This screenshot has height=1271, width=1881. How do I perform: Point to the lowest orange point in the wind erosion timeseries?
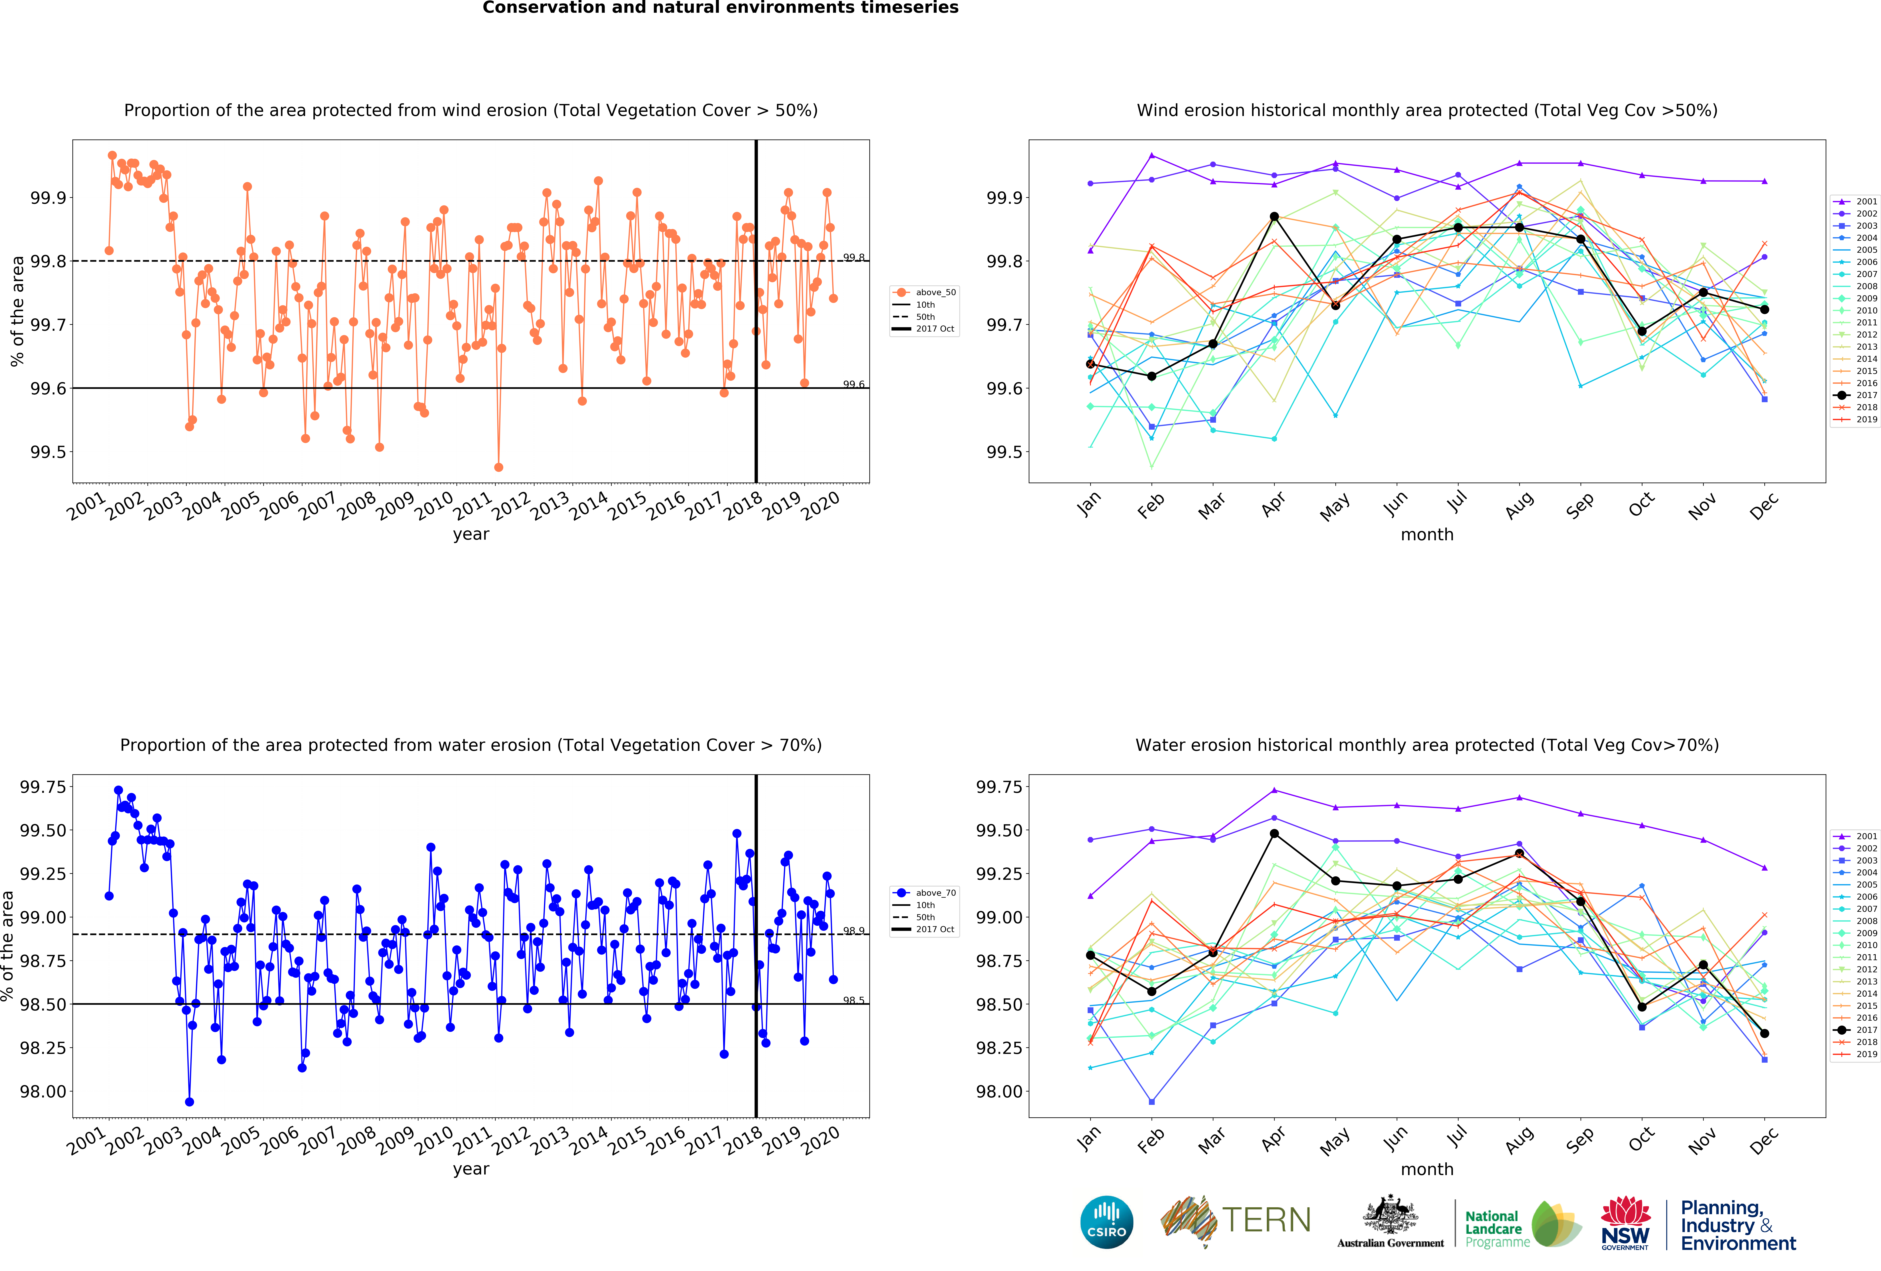[x=499, y=467]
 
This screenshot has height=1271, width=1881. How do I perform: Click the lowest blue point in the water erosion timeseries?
[x=189, y=1102]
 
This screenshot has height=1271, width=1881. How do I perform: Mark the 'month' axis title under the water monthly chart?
[x=1427, y=1169]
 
